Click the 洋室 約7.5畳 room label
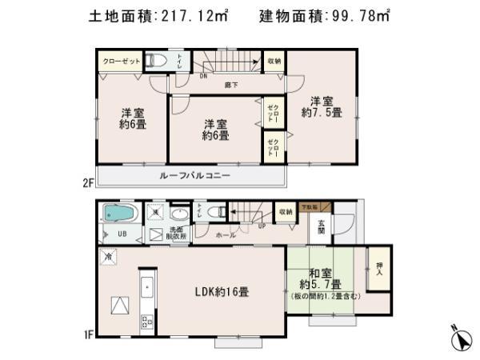coord(322,108)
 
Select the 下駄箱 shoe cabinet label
coord(308,207)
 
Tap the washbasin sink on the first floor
coord(180,214)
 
